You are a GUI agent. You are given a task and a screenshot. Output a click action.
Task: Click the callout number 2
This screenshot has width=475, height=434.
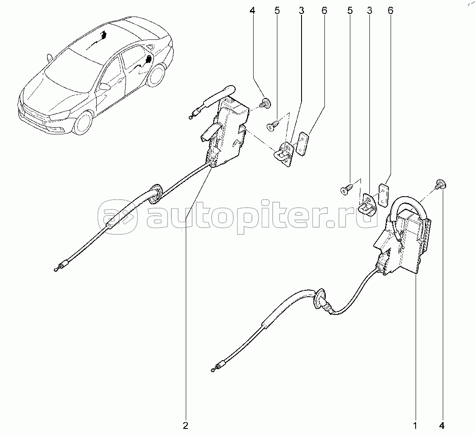tap(185, 425)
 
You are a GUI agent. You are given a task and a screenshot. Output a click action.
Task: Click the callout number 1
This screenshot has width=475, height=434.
tap(415, 425)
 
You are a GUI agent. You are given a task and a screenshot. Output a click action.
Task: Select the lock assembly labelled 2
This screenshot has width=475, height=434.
tap(227, 131)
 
